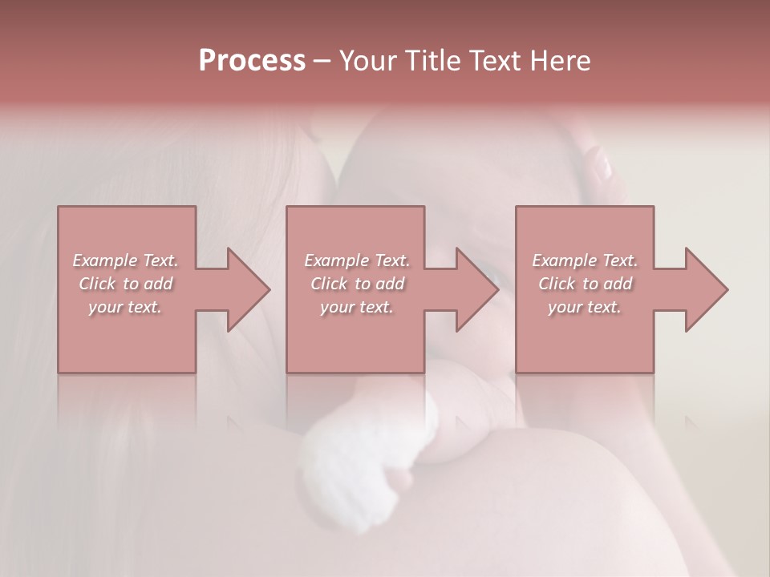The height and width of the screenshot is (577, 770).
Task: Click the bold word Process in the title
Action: point(252,60)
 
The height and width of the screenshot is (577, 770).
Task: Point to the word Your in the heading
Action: point(370,60)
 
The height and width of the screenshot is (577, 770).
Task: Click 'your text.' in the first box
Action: point(124,307)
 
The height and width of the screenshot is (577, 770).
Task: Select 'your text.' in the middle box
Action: point(356,307)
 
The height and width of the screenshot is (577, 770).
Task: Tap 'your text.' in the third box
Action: point(584,307)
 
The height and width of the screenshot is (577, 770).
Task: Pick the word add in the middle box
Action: point(390,284)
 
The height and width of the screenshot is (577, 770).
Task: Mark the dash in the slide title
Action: point(322,61)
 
